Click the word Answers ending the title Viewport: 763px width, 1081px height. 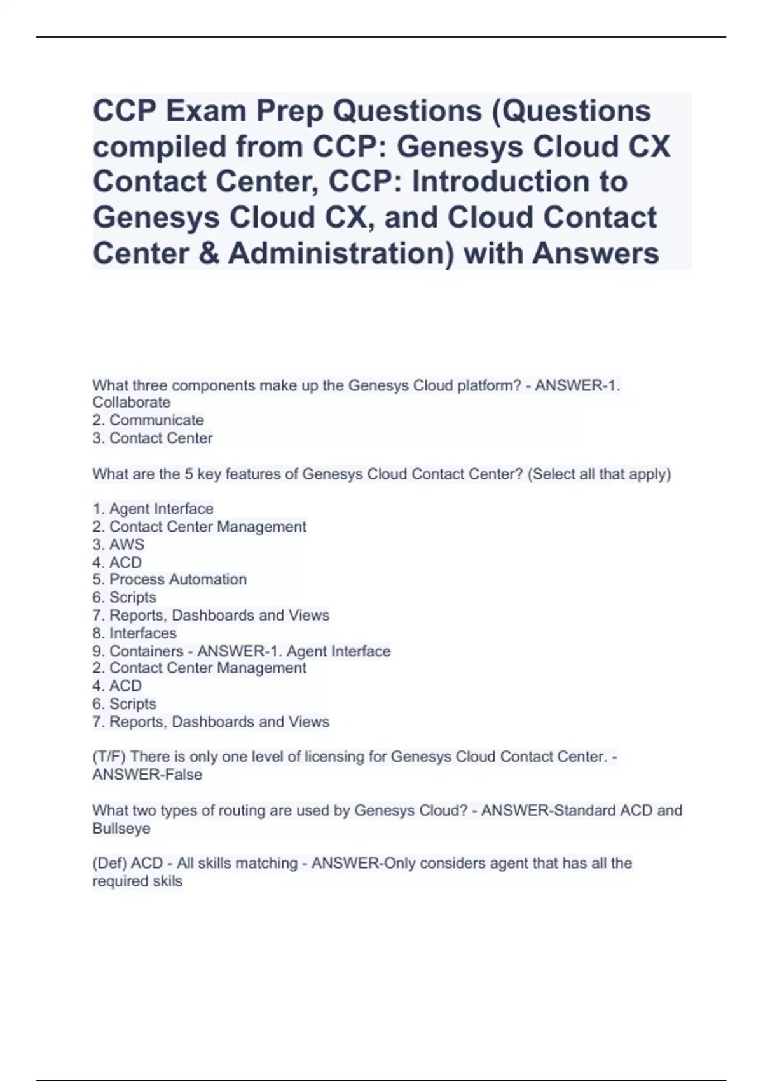tap(596, 254)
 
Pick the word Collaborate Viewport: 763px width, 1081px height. tap(132, 403)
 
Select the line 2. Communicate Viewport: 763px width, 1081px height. tap(148, 420)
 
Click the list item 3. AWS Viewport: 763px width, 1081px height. tap(118, 545)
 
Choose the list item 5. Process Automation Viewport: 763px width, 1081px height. tap(170, 580)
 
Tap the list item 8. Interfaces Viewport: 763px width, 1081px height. tap(135, 633)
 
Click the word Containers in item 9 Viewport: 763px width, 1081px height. tap(146, 651)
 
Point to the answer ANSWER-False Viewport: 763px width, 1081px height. tap(148, 775)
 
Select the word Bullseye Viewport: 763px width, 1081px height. tap(121, 829)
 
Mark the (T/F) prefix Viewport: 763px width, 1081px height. tap(109, 757)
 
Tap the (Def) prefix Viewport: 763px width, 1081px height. tap(109, 864)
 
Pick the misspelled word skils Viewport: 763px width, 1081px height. tap(168, 881)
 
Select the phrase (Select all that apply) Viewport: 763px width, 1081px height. tap(599, 474)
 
